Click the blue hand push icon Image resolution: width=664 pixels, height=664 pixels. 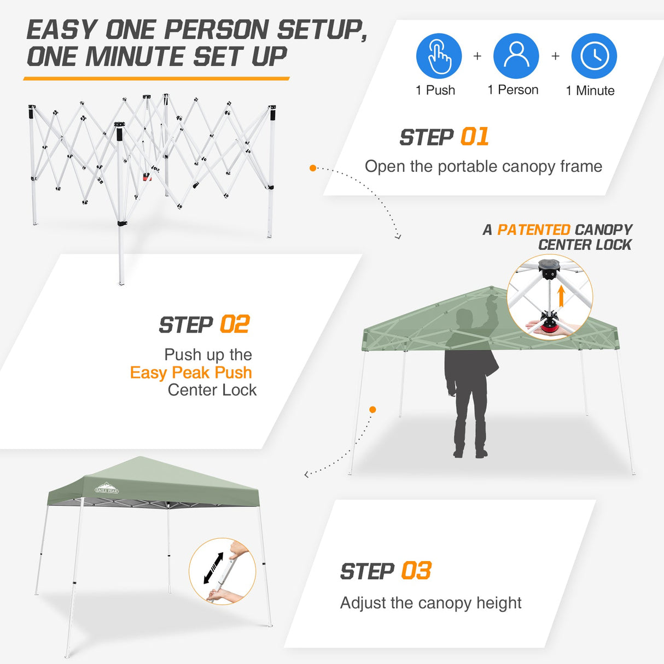pos(439,56)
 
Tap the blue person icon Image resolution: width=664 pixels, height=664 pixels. pos(516,56)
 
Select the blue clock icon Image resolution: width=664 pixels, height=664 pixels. pos(594,56)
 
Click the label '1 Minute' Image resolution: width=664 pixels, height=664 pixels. pos(590,91)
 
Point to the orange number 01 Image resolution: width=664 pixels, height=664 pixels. pos(474,137)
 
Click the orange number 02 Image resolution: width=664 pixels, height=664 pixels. pos(235,325)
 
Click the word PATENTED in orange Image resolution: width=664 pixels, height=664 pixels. pos(533,230)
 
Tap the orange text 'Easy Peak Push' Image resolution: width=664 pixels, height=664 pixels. pos(191,372)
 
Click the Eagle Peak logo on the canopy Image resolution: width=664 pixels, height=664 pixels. pos(106,488)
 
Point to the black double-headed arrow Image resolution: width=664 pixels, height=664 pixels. pos(213,568)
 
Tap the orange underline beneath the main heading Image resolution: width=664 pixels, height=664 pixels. pos(156,79)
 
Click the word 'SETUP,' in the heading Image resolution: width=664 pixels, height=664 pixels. pos(322,30)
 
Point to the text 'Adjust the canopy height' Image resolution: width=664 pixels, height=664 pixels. pos(430,603)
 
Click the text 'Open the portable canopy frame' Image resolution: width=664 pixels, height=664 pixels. pos(483,166)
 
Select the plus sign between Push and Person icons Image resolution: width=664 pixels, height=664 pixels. pos(477,56)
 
